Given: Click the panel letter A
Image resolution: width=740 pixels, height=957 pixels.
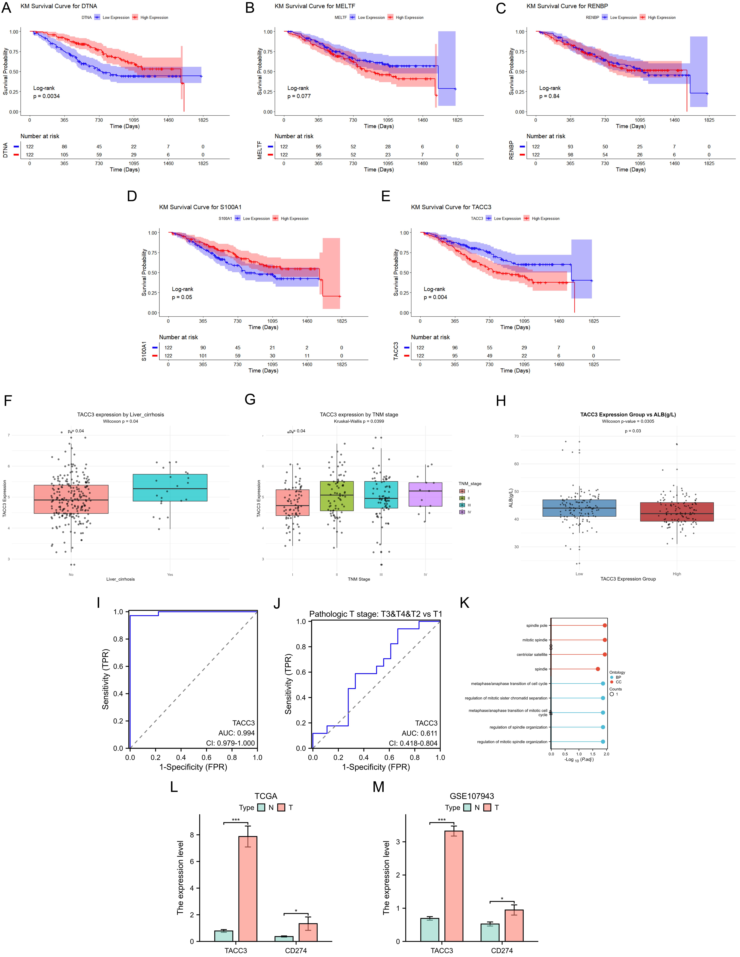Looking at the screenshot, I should click(6, 8).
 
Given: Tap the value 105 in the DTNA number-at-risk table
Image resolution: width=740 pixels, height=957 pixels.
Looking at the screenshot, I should click(64, 155).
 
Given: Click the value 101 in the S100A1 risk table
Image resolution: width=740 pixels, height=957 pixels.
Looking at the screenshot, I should click(203, 356).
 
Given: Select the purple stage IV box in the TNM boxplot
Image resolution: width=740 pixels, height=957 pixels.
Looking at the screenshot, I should click(425, 494).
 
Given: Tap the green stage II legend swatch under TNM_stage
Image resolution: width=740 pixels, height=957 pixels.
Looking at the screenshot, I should click(462, 498).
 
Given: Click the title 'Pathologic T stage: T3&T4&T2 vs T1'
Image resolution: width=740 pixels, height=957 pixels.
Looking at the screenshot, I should click(375, 614).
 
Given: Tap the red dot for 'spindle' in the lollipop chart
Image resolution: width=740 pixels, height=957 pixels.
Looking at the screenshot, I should click(598, 669).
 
